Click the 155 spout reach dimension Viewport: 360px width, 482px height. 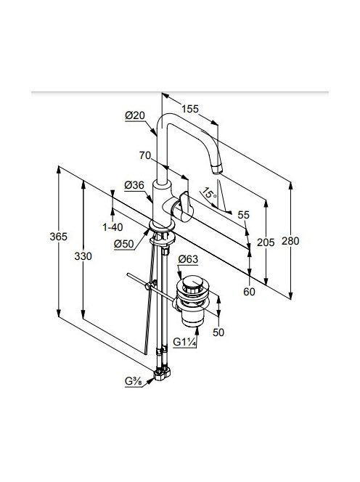click(x=190, y=109)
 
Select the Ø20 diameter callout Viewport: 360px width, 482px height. click(x=135, y=116)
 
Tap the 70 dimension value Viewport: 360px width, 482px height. click(x=145, y=155)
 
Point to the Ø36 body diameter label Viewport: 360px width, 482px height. click(x=134, y=185)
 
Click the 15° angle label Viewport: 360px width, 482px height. click(x=209, y=195)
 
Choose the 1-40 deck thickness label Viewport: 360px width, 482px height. click(x=112, y=227)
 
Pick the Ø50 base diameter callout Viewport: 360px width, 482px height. click(x=124, y=244)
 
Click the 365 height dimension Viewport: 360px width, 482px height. click(x=58, y=237)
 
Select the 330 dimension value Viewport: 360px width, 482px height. click(x=83, y=256)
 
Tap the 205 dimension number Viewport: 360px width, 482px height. click(x=266, y=242)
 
